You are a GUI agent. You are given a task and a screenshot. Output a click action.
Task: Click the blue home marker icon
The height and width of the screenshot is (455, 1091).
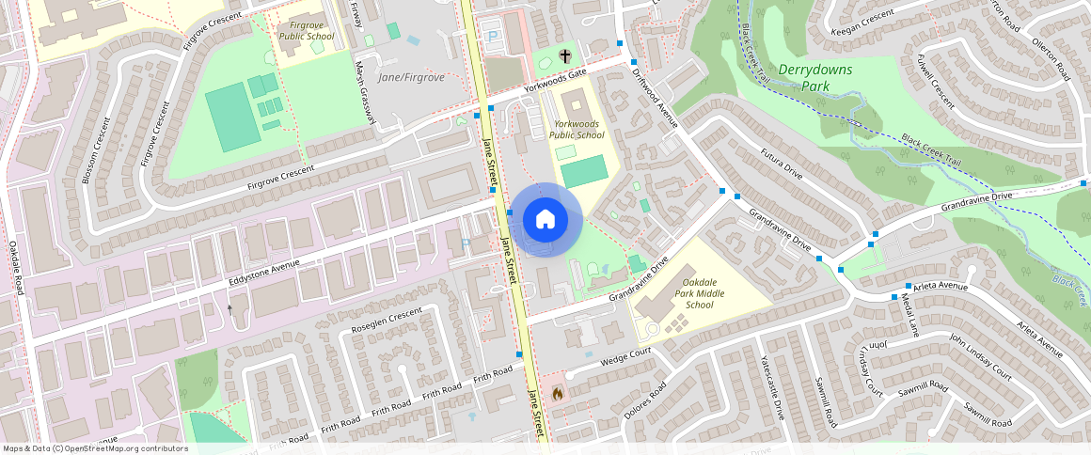click(545, 220)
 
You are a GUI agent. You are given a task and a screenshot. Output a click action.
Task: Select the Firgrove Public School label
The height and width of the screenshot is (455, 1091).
click(307, 29)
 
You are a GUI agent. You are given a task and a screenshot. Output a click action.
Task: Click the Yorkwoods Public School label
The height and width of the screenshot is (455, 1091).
click(578, 129)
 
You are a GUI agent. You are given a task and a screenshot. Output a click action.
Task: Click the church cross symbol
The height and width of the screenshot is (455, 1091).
click(565, 56)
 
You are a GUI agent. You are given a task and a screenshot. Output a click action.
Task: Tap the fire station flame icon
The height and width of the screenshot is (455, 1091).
click(558, 393)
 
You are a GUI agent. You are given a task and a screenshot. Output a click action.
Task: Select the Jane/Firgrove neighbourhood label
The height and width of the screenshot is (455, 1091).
click(410, 77)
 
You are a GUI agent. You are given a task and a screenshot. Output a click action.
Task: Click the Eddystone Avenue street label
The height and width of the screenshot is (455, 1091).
click(263, 275)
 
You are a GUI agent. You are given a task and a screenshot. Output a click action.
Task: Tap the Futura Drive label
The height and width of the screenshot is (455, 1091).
click(782, 164)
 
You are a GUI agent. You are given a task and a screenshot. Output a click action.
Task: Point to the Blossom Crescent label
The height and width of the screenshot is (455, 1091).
click(96, 149)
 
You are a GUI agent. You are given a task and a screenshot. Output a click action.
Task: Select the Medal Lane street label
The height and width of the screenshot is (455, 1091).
click(909, 315)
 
